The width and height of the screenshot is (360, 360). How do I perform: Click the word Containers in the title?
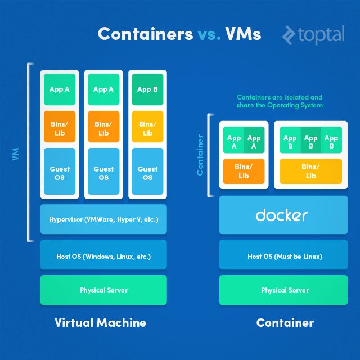coord(145,34)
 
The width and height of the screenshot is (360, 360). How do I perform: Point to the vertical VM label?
coord(15,154)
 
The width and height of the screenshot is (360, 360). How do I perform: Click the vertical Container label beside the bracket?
coord(200,155)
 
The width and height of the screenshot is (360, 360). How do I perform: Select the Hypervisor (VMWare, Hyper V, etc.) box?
coord(103,219)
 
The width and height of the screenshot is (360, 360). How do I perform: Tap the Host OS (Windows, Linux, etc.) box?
coord(103,256)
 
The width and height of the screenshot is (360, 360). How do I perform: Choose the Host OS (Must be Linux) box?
coord(285,256)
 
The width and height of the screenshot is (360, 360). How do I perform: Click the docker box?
coord(283,215)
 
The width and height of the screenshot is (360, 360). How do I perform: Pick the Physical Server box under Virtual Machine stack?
coord(103,290)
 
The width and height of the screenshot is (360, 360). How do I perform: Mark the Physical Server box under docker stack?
coord(285,290)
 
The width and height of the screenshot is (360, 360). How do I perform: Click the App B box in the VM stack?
coord(147,89)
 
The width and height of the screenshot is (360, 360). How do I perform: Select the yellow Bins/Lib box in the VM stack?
coord(147,129)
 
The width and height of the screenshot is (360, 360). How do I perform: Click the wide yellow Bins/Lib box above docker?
coord(310,172)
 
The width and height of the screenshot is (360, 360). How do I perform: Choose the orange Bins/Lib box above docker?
coord(244,172)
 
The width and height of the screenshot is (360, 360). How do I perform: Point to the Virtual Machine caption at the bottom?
coord(100,323)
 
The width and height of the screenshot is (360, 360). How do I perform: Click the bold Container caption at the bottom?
coord(285,323)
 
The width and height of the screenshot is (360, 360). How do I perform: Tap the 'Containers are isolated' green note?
coord(280,101)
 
